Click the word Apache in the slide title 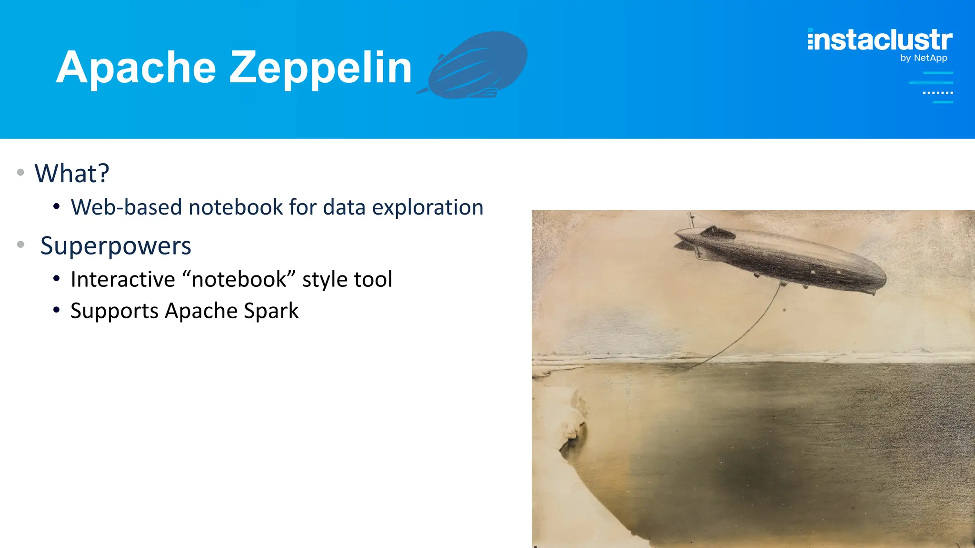point(136,68)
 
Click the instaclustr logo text point(880,40)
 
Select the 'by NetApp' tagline point(923,58)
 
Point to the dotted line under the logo point(937,93)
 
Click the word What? point(72,173)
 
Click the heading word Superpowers point(116,246)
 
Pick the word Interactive point(123,279)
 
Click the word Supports point(114,311)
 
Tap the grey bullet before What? point(20,172)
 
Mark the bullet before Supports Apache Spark point(57,310)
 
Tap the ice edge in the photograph point(578,419)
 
